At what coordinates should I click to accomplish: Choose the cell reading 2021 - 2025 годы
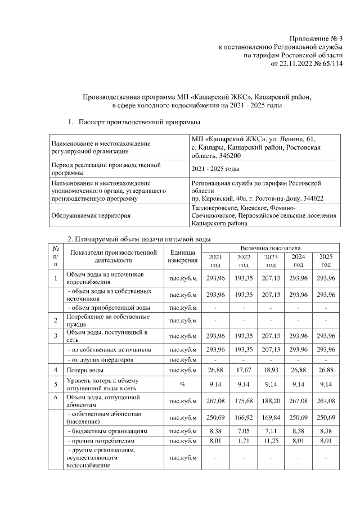click(x=215, y=169)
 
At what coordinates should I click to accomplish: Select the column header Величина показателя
click(x=271, y=247)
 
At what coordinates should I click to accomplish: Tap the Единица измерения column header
click(x=182, y=256)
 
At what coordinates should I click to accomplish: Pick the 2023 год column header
click(x=271, y=260)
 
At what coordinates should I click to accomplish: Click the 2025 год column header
click(x=326, y=260)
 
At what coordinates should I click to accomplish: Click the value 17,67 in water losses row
click(x=244, y=371)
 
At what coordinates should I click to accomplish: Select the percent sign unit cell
click(x=182, y=384)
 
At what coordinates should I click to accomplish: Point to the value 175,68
click(x=244, y=400)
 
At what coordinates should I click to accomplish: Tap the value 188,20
click(x=271, y=400)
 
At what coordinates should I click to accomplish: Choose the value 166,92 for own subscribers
click(x=244, y=417)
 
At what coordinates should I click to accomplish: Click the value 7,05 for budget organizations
click(x=244, y=431)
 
